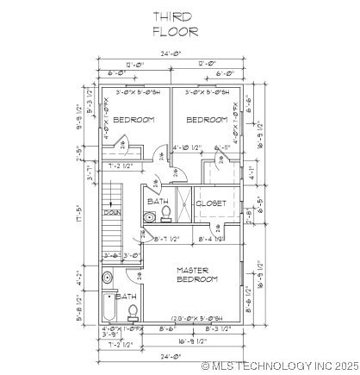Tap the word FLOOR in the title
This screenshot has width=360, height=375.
[175, 31]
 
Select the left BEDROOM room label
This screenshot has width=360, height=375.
[133, 120]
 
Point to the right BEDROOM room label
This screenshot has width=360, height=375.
[207, 120]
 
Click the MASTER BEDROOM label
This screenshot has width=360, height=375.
[197, 275]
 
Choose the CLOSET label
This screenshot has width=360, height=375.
[212, 203]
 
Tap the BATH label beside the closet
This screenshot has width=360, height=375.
[158, 202]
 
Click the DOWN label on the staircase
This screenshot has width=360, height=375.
[112, 212]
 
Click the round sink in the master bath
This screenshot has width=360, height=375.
[107, 278]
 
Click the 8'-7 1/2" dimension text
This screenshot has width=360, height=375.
[165, 239]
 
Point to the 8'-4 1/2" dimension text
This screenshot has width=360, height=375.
[213, 239]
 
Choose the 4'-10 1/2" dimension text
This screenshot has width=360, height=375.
[187, 147]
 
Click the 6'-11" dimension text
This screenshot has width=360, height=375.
[220, 147]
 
